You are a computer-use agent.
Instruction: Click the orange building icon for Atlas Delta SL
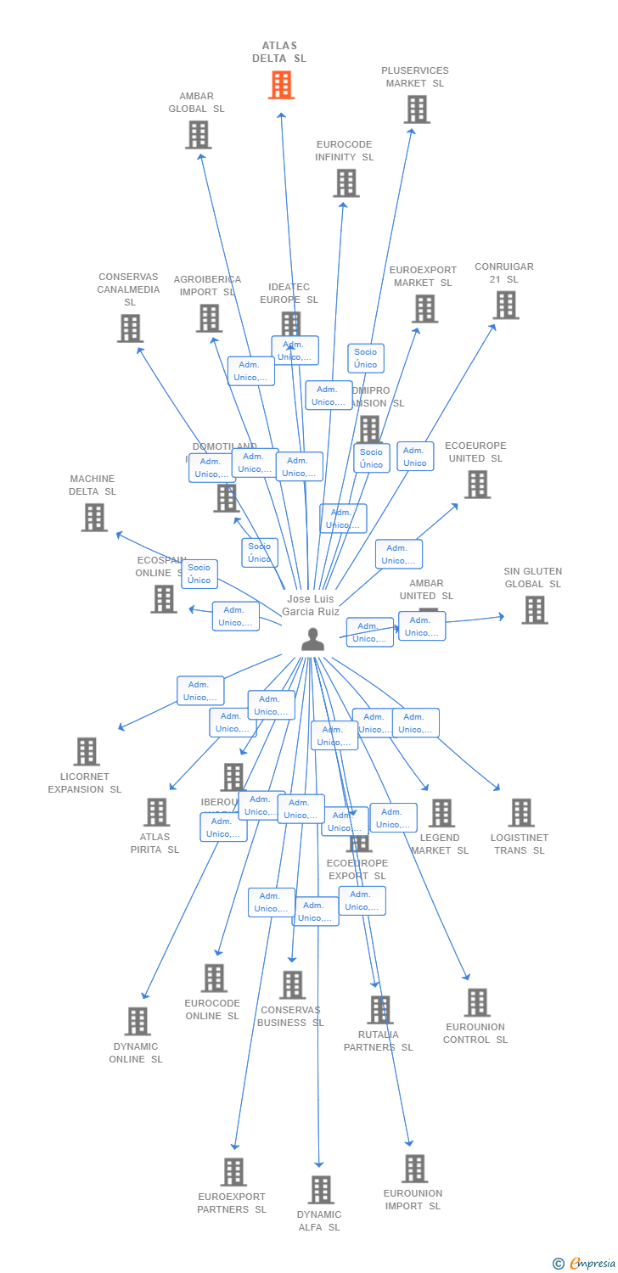point(281,85)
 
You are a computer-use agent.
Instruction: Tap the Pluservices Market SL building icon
point(417,109)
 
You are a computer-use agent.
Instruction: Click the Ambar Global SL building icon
point(198,135)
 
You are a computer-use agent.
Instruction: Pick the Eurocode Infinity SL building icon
point(346,183)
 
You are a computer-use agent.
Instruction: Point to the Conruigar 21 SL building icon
point(505,306)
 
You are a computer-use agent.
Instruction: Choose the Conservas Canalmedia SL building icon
point(130,328)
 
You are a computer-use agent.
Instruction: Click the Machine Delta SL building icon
point(94,518)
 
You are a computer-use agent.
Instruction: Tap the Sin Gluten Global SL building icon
point(534,610)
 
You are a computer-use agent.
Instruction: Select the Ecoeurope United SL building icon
point(477,485)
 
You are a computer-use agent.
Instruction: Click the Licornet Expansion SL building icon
point(87,752)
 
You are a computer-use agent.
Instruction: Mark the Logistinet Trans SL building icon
point(520,813)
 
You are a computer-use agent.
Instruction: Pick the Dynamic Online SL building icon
point(138,1022)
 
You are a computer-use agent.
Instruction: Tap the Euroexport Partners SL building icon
point(233,1172)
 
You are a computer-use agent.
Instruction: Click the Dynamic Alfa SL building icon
point(320,1190)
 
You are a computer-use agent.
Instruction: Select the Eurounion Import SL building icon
point(414,1169)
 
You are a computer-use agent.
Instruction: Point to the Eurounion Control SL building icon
point(477,1002)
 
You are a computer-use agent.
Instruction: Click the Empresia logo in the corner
point(585,1263)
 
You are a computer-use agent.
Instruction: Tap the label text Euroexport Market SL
point(423,277)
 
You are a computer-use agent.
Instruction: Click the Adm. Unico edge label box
point(415,457)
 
